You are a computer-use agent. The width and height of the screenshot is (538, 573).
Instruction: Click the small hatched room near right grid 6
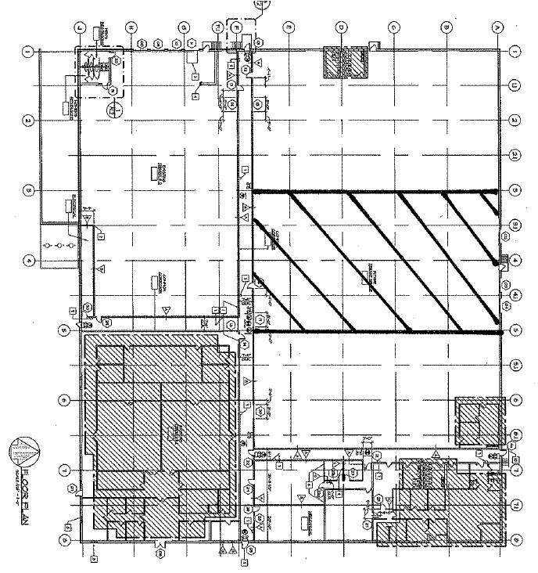pos(478,420)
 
